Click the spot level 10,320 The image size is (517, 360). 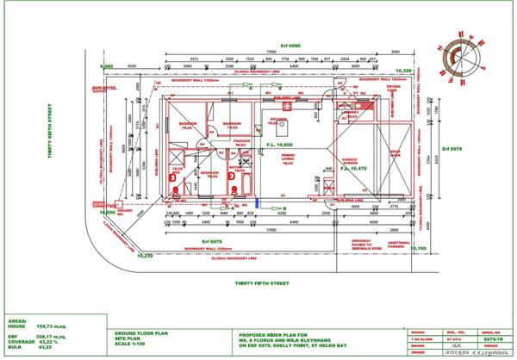pos(403,71)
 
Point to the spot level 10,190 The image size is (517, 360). pos(417,249)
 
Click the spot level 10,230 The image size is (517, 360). pos(142,255)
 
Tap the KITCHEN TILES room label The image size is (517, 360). pos(281,121)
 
